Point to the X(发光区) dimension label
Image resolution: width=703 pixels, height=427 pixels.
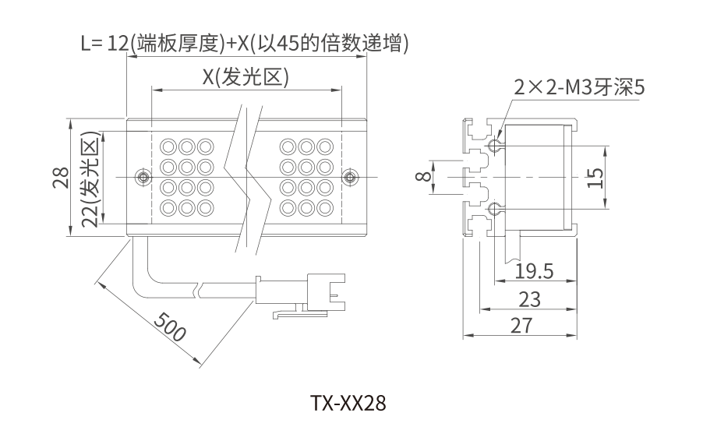(x=246, y=76)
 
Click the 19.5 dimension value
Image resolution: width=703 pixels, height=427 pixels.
(x=534, y=271)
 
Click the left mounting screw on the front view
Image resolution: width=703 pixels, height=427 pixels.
(x=141, y=178)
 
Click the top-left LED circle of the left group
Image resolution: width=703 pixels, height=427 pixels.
(x=168, y=146)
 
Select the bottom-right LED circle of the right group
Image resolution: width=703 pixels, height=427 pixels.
(x=325, y=207)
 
